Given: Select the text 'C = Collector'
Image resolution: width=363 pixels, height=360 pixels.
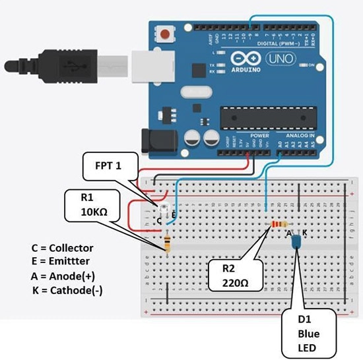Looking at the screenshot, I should click(x=63, y=248).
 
